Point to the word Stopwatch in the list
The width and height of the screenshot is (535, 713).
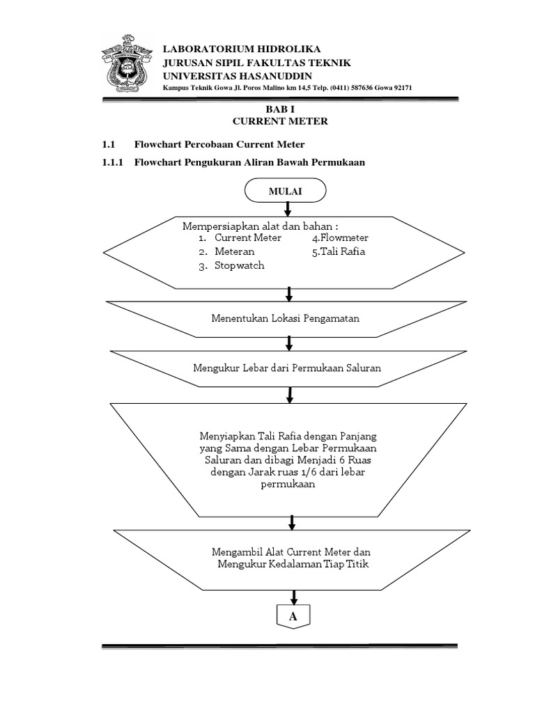pos(239,265)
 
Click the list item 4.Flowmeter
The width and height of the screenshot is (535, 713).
pos(340,237)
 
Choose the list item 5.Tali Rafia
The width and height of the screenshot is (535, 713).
pos(339,251)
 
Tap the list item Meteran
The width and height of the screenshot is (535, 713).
pos(234,251)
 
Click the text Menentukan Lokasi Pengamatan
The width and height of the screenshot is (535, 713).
pos(286,318)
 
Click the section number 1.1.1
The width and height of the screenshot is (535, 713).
pos(112,162)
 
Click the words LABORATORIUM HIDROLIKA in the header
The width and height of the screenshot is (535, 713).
pos(232,49)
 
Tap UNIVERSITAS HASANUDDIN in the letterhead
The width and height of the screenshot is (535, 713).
pos(238,75)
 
